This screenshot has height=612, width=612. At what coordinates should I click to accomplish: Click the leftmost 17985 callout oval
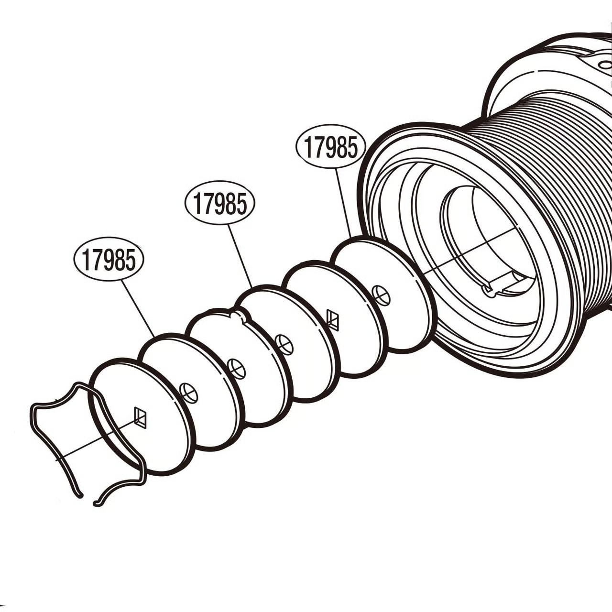point(109,259)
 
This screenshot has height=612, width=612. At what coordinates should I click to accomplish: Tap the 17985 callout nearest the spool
point(331,146)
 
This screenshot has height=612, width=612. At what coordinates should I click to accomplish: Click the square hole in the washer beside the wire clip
point(141,417)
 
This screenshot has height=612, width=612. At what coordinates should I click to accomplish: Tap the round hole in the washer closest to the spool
point(381,295)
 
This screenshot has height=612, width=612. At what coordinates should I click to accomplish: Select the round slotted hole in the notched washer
point(237,369)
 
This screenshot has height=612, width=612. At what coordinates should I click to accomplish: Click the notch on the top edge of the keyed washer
point(238,315)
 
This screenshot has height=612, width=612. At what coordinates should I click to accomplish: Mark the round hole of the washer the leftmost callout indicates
point(189,393)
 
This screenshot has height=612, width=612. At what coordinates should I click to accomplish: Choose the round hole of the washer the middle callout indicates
point(285,344)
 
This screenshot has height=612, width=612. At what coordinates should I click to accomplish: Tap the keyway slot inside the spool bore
point(507,283)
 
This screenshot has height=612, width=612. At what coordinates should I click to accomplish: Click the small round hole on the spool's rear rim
point(605,65)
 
